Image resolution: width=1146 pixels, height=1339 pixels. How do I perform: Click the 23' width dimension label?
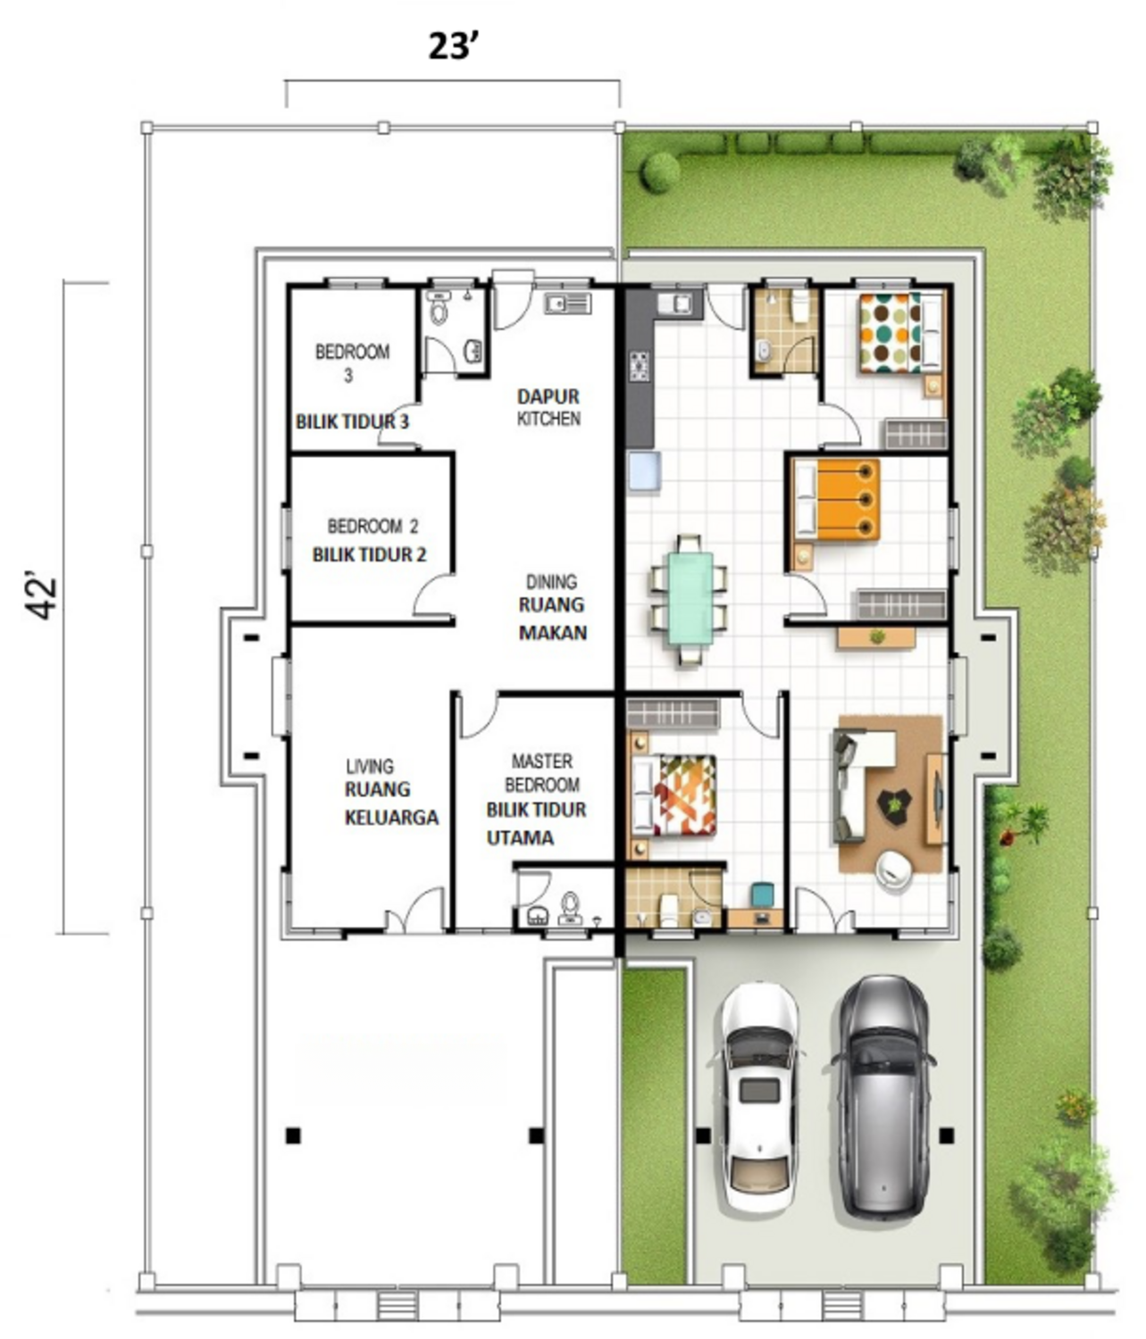[455, 46]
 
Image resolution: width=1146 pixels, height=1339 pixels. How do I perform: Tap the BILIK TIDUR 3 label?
[352, 421]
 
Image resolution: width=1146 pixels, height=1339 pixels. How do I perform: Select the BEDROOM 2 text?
[372, 526]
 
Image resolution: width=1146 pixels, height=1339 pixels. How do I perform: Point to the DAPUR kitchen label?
[548, 395]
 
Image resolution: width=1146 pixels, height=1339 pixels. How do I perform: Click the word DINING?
[550, 581]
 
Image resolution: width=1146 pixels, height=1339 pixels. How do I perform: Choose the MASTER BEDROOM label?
[541, 773]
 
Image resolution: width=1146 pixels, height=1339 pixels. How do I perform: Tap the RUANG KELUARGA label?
[389, 803]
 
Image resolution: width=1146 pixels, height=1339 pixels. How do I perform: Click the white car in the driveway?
[758, 1098]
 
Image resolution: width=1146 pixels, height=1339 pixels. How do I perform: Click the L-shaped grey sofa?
[859, 777]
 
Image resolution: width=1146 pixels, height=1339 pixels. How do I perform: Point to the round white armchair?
[892, 869]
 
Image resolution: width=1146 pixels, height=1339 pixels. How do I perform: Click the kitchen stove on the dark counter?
[639, 367]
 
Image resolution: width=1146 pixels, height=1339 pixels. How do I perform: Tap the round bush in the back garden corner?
[660, 171]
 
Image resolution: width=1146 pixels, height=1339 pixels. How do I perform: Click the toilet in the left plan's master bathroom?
[569, 907]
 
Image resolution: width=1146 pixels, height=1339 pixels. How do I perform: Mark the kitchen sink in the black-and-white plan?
[567, 304]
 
